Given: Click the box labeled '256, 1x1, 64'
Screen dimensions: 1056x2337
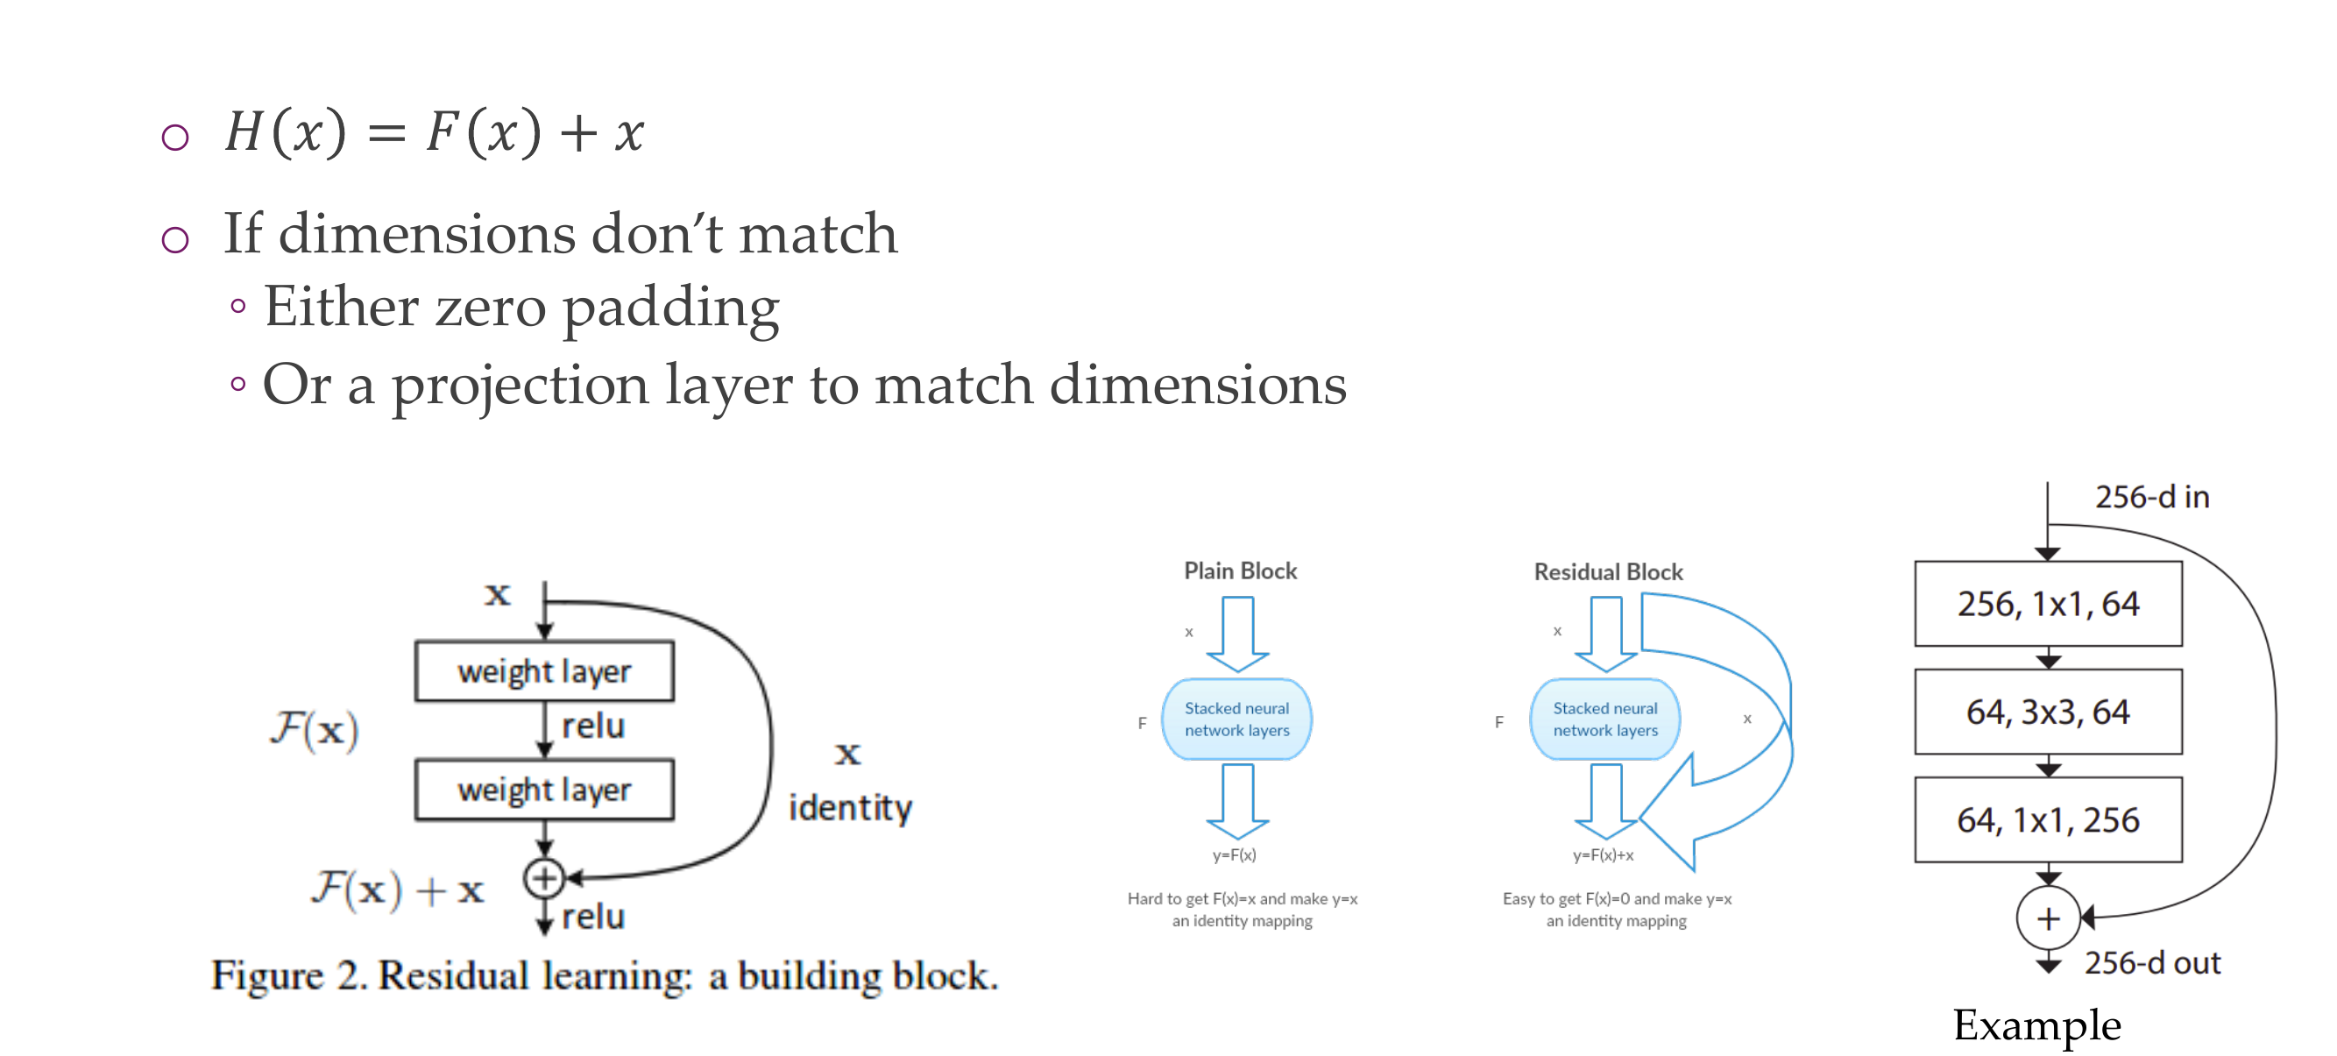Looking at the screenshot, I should tap(2048, 603).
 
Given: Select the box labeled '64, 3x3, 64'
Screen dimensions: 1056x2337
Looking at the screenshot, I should tap(2048, 712).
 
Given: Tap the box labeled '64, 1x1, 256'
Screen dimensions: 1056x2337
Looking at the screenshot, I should tap(2048, 819).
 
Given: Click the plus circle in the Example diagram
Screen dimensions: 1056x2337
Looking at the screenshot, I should tap(2048, 918).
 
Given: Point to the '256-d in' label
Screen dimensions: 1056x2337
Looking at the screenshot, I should tap(2151, 497).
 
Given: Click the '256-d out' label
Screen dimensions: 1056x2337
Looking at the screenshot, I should tap(2151, 962).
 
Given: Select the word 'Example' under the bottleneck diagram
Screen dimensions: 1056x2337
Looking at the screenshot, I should tap(2036, 1025).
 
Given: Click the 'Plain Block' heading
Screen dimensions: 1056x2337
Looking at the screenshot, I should tap(1240, 571).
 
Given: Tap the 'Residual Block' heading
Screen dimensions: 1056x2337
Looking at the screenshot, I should tap(1608, 571).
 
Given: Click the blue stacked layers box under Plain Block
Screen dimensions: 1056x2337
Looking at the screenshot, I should tap(1236, 719).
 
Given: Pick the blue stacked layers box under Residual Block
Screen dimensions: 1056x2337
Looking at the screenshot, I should tap(1604, 719).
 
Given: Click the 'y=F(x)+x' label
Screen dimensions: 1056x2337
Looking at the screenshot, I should tap(1603, 854).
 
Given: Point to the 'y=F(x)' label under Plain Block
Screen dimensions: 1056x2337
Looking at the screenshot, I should tap(1234, 854).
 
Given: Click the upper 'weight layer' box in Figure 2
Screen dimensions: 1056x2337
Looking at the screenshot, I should tap(544, 671).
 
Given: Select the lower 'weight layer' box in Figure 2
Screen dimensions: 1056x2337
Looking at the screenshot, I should tap(544, 790).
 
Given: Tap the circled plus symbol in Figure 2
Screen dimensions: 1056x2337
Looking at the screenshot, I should tap(544, 877).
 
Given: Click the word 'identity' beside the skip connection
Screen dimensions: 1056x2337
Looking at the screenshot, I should tap(850, 807).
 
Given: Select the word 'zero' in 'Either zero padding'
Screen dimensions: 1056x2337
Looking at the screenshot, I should tap(490, 307).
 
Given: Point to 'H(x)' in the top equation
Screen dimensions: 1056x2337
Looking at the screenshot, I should tap(285, 132).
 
